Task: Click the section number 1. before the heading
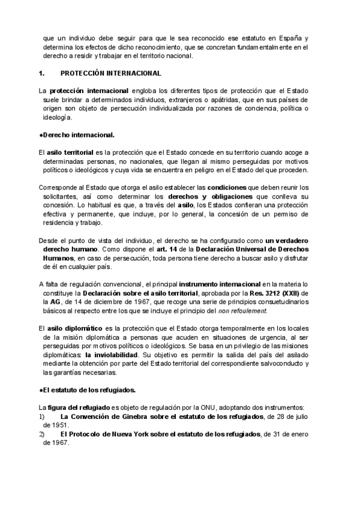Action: [41, 73]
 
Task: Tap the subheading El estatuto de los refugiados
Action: [86, 390]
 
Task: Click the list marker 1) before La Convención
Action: [41, 416]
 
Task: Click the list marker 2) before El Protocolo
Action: [41, 433]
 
